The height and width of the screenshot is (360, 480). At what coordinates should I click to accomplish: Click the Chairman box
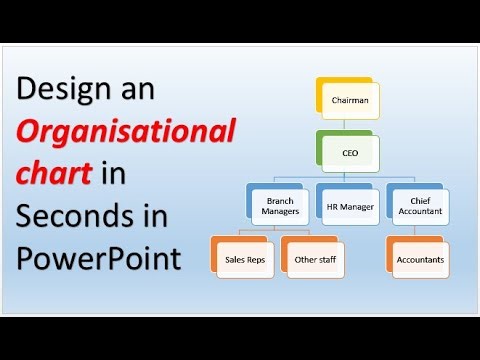349,100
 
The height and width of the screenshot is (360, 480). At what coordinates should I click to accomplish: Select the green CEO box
349,154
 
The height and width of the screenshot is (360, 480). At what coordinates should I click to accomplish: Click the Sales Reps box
243,260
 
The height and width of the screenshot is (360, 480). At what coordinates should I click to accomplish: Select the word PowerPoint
99,260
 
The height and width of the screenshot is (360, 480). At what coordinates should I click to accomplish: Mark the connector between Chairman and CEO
348,125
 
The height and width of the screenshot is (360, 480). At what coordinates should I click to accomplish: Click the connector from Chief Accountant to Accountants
420,232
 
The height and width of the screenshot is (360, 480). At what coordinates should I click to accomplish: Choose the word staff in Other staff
322,260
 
